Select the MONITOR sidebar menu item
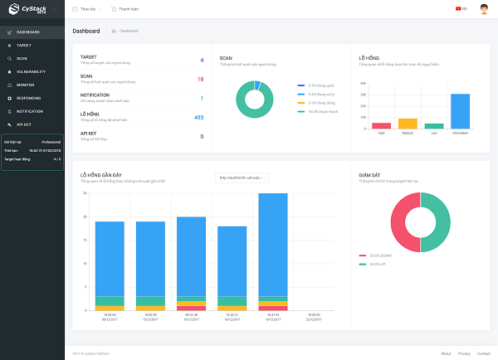click(x=25, y=85)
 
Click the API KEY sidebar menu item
click(x=23, y=124)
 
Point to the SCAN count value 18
click(x=200, y=79)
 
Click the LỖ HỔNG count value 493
click(x=198, y=117)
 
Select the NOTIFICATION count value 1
click(x=201, y=98)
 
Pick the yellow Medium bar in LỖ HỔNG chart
click(x=408, y=124)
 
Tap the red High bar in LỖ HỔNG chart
click(x=382, y=125)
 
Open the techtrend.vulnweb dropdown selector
click(x=242, y=177)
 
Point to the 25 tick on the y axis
click(x=85, y=193)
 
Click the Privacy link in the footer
click(x=464, y=353)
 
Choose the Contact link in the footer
click(x=483, y=353)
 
